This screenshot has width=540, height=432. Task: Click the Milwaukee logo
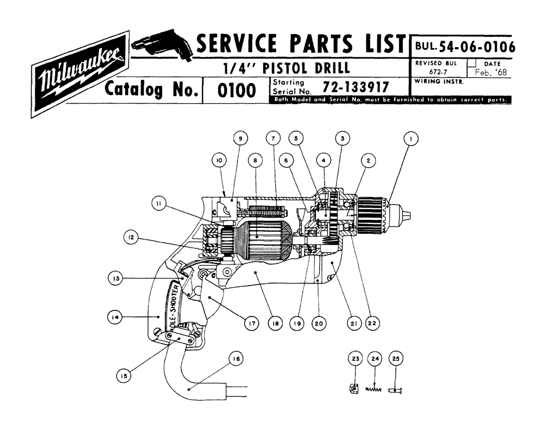click(80, 74)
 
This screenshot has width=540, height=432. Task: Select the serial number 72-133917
click(356, 87)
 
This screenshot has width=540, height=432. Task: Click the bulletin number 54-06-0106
click(473, 48)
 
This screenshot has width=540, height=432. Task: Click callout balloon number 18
click(275, 323)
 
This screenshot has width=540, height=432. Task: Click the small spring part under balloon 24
click(374, 388)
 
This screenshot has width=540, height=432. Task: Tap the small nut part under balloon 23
click(352, 388)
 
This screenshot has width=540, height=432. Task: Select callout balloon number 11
click(158, 204)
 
